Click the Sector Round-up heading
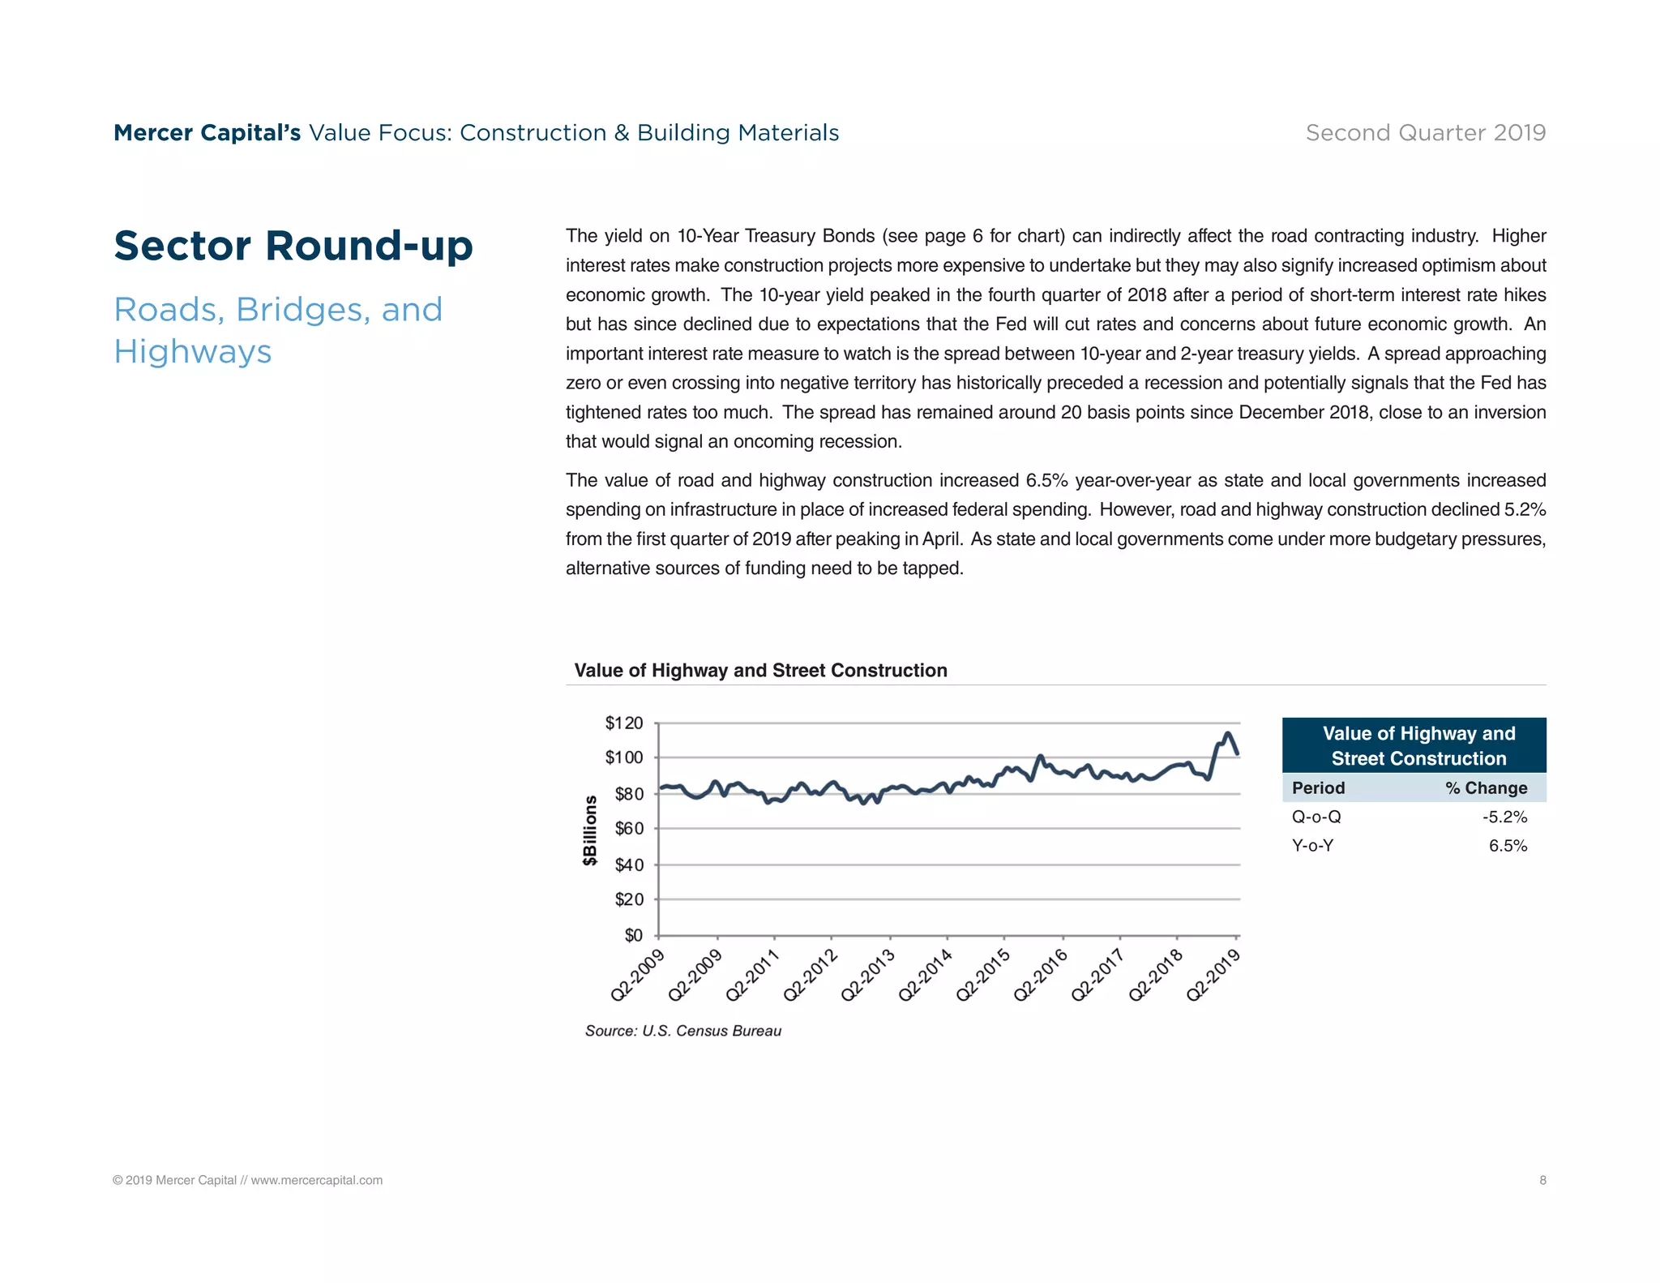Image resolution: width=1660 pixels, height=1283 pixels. [293, 246]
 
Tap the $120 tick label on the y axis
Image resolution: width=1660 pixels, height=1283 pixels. [623, 723]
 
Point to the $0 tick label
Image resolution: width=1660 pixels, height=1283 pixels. [633, 935]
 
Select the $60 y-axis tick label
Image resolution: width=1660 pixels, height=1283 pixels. [628, 828]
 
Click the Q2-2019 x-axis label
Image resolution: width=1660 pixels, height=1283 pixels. [1213, 975]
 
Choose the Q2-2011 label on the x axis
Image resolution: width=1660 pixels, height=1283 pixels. [752, 975]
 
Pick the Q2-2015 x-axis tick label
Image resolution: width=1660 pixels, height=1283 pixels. [983, 975]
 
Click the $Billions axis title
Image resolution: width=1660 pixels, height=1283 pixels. [590, 830]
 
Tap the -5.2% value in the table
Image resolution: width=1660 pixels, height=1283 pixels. [1504, 817]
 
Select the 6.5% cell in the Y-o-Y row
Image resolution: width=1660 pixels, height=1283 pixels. [1508, 846]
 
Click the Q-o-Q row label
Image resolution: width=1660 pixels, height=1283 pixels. [1316, 817]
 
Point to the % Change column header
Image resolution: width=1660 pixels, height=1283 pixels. [1486, 787]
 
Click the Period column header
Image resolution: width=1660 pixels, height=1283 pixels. [1318, 787]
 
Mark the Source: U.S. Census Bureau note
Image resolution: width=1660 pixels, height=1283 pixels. [682, 1031]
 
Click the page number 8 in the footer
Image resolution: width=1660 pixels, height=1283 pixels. [1542, 1180]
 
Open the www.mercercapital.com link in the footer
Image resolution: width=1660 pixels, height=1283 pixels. [316, 1180]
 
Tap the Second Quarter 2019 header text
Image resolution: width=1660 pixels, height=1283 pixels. [1425, 132]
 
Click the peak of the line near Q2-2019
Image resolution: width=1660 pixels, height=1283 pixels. [1227, 734]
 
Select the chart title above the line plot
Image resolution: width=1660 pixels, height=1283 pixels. [760, 670]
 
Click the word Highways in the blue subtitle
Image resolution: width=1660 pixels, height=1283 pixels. [193, 352]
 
